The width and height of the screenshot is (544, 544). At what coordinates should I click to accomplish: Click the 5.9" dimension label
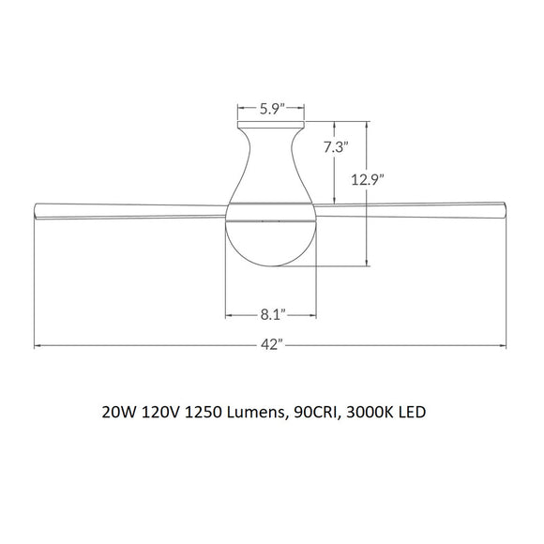(271, 108)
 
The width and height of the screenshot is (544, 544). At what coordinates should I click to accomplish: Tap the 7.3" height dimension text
(336, 147)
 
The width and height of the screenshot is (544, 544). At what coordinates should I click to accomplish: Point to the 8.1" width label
(272, 313)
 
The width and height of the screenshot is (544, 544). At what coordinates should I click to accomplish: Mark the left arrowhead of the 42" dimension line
(38, 346)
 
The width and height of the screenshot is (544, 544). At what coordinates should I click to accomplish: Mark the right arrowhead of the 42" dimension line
(507, 346)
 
